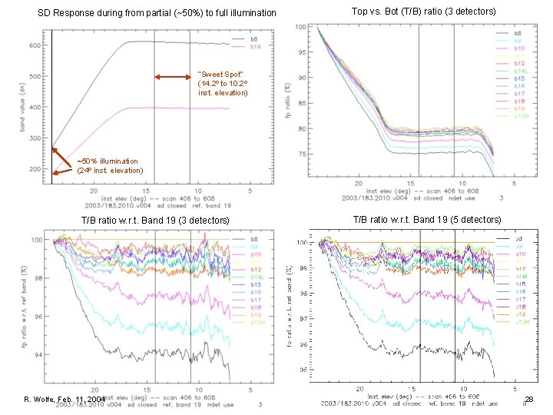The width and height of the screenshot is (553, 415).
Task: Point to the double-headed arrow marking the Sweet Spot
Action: (173, 77)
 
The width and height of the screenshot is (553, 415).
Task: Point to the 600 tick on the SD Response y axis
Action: (35, 45)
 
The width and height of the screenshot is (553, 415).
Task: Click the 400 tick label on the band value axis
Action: (35, 108)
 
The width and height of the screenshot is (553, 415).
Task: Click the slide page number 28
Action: (528, 399)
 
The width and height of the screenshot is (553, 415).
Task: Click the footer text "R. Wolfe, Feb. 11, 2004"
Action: (64, 400)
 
